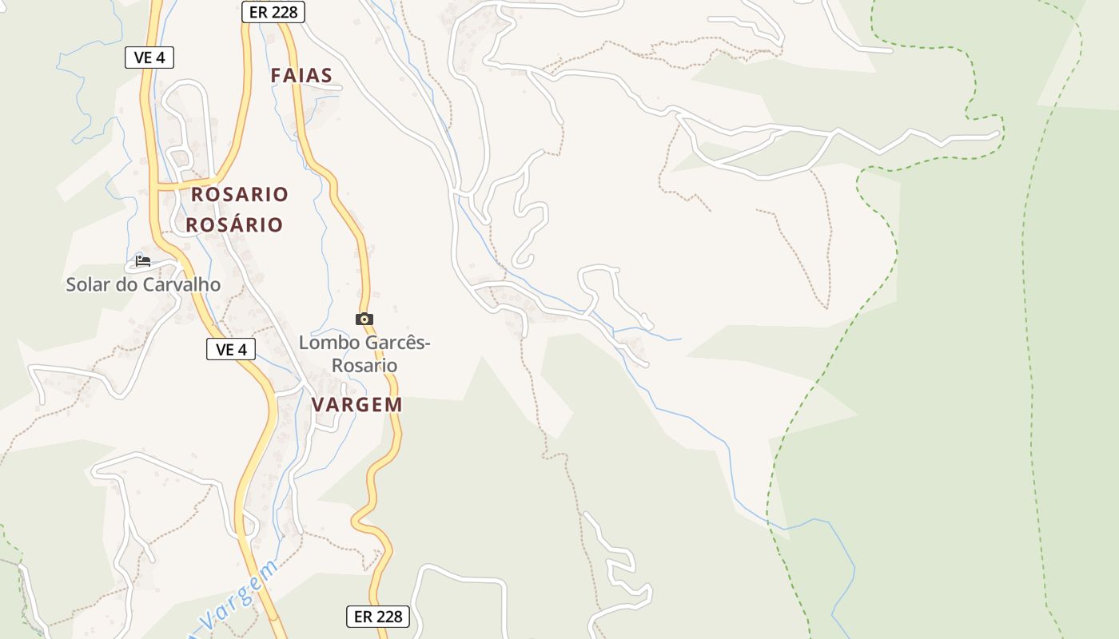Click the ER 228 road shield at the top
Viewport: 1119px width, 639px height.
[273, 11]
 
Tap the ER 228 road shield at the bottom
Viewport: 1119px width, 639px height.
[377, 617]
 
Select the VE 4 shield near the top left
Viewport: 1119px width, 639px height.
[149, 58]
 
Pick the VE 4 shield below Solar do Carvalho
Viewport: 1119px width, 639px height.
[231, 349]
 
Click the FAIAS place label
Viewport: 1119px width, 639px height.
[301, 76]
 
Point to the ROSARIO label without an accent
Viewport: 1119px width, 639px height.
[240, 194]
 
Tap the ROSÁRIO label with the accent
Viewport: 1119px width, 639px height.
[235, 224]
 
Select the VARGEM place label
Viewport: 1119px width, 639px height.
[356, 404]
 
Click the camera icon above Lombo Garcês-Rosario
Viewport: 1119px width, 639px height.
[364, 319]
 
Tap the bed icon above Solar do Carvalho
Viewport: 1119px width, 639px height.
[143, 260]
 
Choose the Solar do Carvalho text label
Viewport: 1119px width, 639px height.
[143, 284]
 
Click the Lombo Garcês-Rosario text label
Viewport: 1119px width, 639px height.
[364, 354]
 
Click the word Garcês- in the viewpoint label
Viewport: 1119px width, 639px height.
[397, 343]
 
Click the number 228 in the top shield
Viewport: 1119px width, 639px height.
[285, 11]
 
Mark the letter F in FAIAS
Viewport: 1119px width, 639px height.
[277, 76]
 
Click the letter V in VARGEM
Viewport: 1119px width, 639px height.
[318, 404]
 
